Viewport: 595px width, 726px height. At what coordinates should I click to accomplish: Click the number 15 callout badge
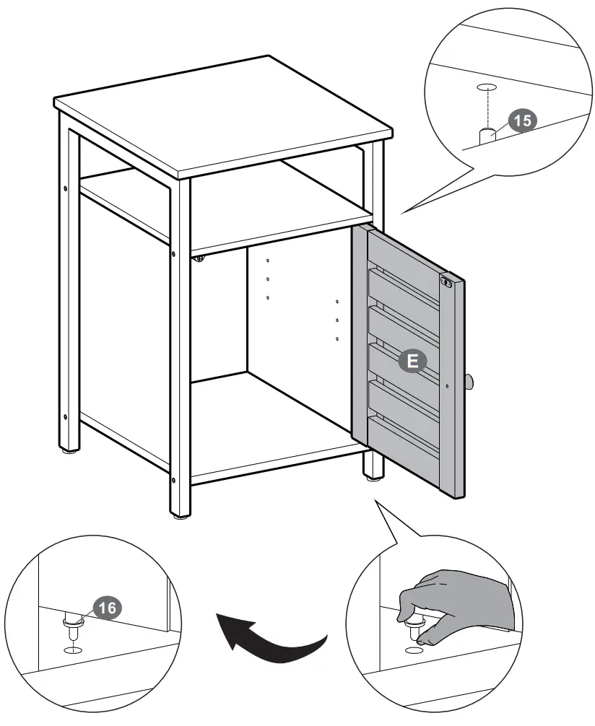(x=521, y=121)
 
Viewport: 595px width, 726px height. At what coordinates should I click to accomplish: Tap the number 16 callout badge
(x=105, y=608)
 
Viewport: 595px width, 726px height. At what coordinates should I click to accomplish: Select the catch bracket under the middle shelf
(x=200, y=258)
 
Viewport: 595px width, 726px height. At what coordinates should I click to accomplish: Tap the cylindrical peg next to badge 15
(x=489, y=136)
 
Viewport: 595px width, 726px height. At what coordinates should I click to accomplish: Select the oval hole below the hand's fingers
(x=414, y=650)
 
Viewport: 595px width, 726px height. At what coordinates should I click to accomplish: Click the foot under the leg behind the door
(x=373, y=476)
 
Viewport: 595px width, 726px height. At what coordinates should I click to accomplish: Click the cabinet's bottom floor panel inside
(x=282, y=419)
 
